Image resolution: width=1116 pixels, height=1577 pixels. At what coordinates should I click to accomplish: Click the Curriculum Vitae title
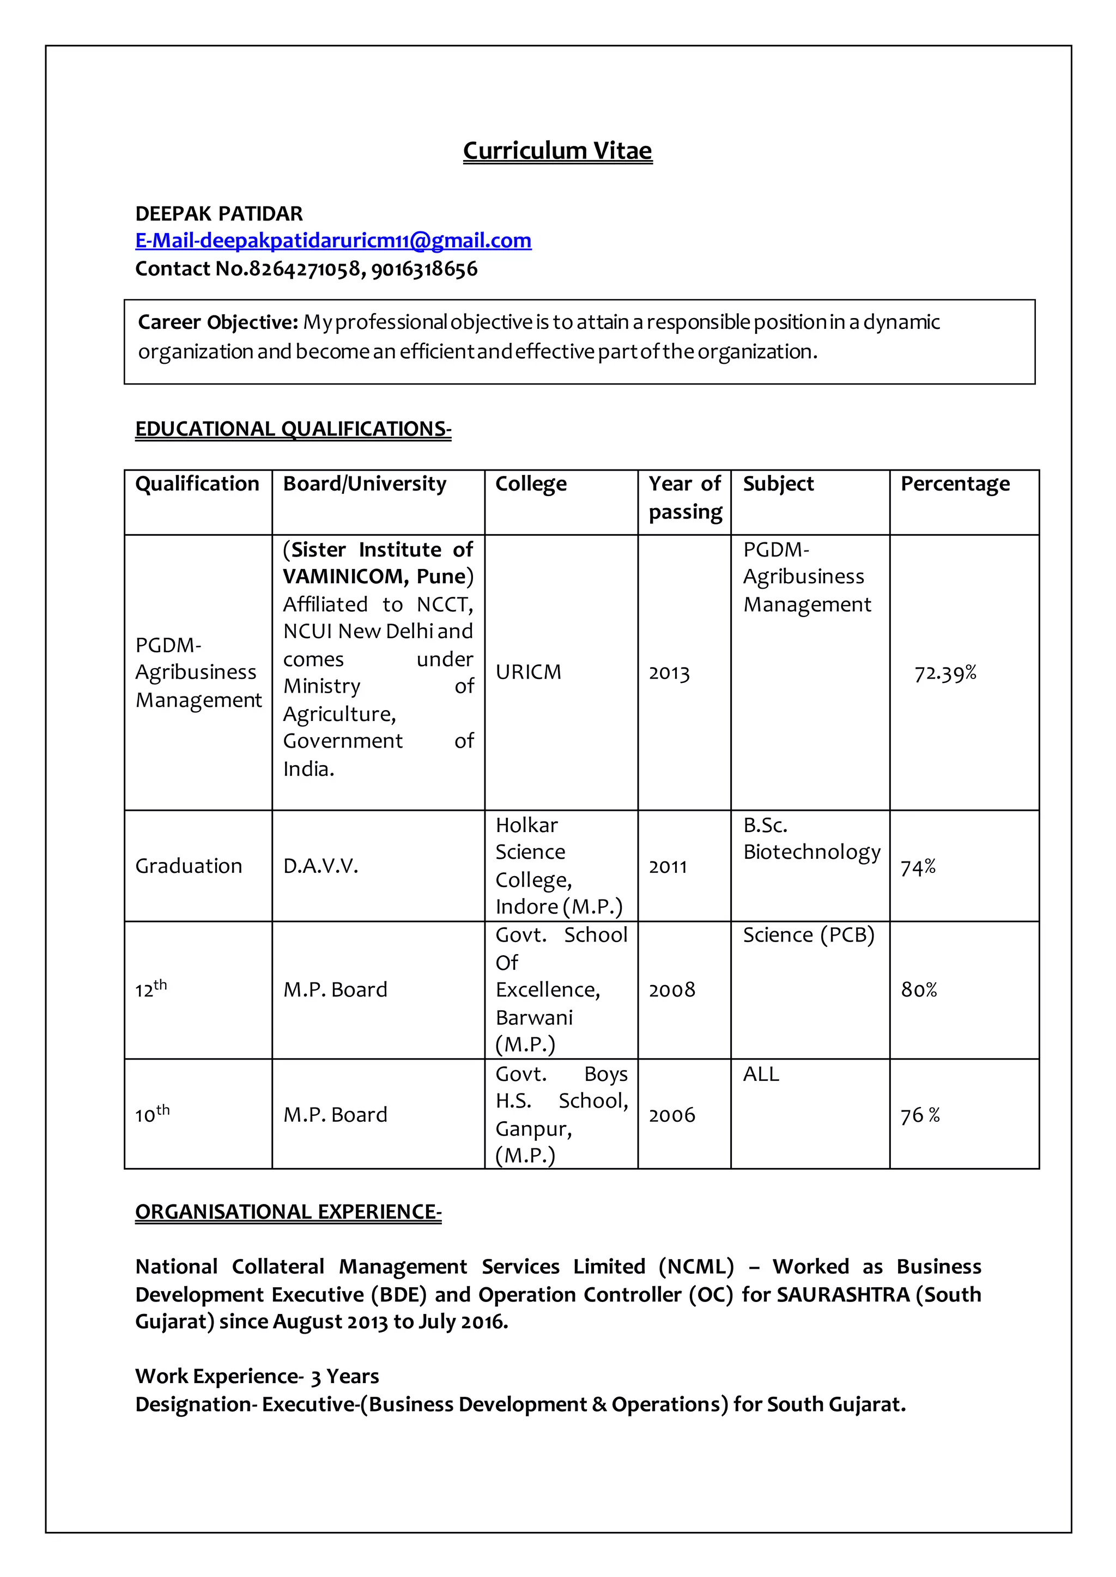557,150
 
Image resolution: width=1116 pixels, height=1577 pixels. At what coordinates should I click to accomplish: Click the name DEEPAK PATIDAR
219,213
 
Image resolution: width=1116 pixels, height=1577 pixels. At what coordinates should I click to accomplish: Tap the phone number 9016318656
424,268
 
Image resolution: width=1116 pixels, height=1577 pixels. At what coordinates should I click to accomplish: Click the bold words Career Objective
218,322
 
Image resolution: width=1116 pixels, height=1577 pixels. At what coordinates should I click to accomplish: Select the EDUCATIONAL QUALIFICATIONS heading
293,429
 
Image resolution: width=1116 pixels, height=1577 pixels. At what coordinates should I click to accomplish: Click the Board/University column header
364,484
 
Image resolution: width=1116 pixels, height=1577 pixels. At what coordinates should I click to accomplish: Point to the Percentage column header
955,484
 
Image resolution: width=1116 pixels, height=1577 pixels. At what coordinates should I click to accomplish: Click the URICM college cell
528,672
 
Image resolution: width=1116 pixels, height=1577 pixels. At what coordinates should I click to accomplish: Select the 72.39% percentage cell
945,673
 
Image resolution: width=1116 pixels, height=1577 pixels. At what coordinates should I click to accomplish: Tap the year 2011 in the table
668,866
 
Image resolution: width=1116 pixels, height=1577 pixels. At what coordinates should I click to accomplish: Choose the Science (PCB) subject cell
808,935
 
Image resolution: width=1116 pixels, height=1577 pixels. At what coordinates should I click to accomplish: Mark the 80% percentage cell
919,990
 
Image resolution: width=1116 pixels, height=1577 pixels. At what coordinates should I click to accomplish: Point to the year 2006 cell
671,1115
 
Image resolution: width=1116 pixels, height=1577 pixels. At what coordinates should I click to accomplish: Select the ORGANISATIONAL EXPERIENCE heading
288,1212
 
